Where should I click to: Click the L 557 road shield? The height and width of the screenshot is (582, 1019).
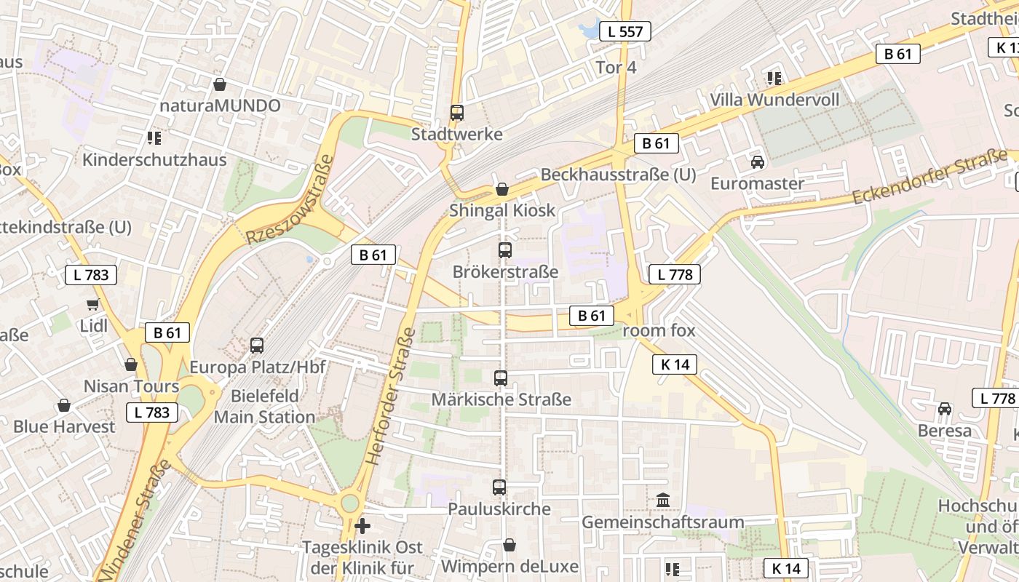(x=625, y=31)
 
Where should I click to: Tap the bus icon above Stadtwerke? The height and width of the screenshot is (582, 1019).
(x=457, y=113)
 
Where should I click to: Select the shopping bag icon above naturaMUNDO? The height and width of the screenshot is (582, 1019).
(x=220, y=84)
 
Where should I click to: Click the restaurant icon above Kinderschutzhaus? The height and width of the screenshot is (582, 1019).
(x=154, y=137)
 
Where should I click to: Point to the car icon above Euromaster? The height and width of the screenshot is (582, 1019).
(x=757, y=162)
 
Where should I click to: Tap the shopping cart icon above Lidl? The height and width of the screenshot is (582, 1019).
(x=92, y=305)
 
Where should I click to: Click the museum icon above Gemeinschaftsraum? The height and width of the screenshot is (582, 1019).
(x=663, y=501)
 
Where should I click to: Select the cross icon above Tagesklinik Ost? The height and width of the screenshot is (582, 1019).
(x=362, y=525)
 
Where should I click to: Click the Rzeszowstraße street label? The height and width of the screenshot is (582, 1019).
(x=290, y=200)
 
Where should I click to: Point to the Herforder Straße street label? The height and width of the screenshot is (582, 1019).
(x=391, y=397)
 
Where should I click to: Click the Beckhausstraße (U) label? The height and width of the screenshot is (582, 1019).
(x=618, y=175)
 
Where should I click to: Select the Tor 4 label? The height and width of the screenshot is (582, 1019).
(x=616, y=68)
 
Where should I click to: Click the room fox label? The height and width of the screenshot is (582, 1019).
(x=659, y=330)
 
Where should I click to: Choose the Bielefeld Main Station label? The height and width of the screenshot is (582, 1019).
(x=264, y=407)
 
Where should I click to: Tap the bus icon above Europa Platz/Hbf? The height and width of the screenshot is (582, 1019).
(x=257, y=346)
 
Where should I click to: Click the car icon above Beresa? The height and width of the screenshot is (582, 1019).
(x=945, y=409)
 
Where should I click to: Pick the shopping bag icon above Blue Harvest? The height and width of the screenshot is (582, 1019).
(x=64, y=405)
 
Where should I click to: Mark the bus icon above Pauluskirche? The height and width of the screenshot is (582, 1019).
(x=499, y=487)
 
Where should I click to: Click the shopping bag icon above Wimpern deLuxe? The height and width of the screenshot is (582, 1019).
(x=509, y=545)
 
